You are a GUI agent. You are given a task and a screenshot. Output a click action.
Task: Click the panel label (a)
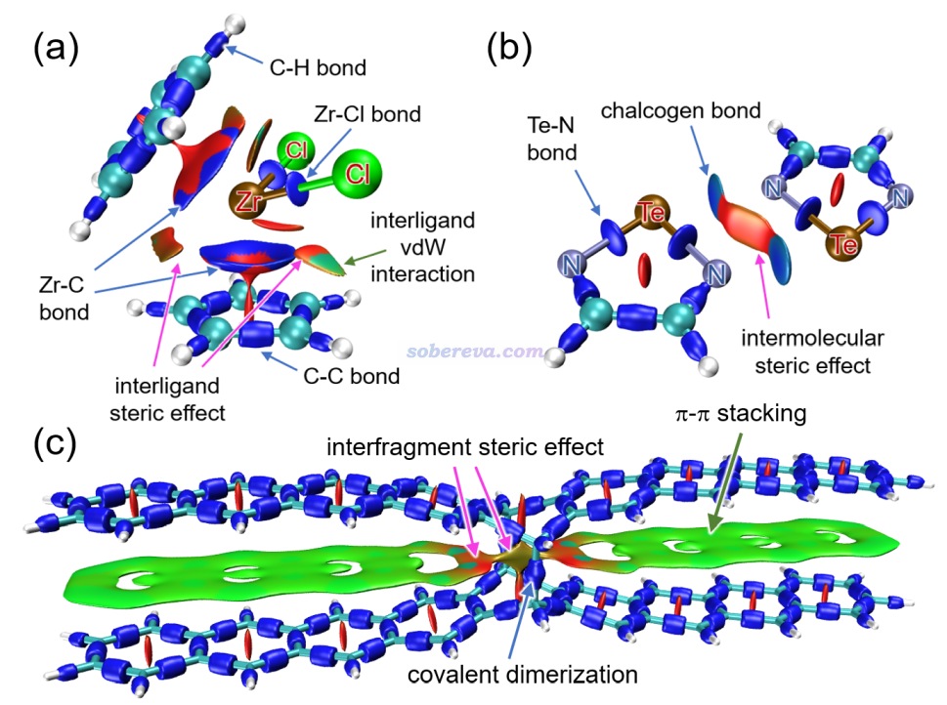56,48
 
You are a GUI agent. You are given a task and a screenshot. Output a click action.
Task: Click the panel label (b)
509,48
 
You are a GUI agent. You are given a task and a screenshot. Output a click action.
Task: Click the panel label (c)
55,443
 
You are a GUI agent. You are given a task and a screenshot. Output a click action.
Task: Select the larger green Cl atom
358,174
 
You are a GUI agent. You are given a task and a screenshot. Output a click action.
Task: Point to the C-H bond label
318,67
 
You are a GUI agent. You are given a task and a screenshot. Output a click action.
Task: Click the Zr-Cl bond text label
367,114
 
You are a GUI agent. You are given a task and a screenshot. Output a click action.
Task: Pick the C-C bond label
352,376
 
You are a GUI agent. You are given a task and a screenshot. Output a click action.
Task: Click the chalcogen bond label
680,111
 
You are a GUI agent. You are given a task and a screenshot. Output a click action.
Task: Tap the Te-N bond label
551,139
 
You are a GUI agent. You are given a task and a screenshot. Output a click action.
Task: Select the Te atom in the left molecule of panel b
651,212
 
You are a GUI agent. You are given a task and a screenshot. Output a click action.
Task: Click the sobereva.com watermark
475,352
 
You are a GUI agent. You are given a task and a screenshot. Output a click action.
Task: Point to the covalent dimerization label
523,675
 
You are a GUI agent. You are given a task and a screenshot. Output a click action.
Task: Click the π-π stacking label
741,414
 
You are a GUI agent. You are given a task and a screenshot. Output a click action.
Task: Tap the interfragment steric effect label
465,447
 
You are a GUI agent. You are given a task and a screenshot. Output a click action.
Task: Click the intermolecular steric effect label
812,352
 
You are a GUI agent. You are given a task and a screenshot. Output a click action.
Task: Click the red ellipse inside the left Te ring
645,270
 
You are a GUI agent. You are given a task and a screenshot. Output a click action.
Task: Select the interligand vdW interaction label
422,247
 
